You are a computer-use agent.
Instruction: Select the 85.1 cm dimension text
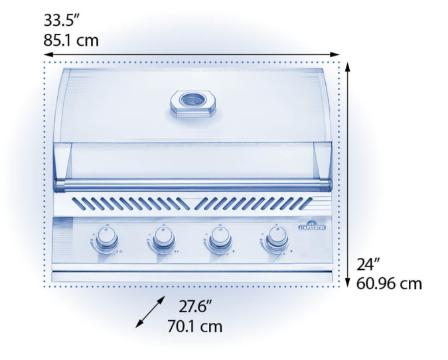pyautogui.click(x=71, y=40)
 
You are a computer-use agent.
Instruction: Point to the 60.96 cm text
pyautogui.click(x=390, y=284)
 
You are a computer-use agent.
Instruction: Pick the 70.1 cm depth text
pyautogui.click(x=194, y=326)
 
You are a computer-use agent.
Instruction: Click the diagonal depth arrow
pyautogui.click(x=150, y=312)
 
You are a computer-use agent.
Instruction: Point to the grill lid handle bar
pyautogui.click(x=192, y=183)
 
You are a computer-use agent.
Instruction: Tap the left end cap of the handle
pyautogui.click(x=59, y=183)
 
